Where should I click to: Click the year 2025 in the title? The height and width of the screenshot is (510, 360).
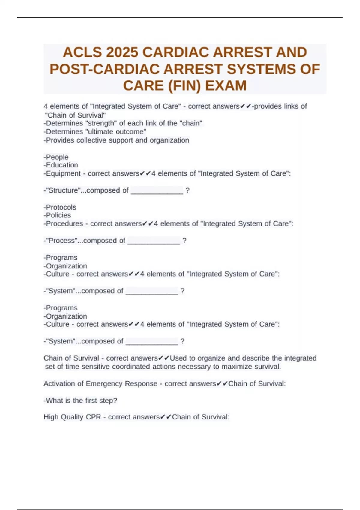(122, 52)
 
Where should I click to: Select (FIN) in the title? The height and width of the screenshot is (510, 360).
(184, 86)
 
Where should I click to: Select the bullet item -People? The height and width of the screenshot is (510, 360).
(56, 157)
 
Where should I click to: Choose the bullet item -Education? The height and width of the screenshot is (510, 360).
(61, 165)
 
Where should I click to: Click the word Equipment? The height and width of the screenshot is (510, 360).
(63, 173)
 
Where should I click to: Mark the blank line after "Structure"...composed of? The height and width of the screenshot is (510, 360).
(157, 191)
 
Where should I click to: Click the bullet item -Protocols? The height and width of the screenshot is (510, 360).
(60, 207)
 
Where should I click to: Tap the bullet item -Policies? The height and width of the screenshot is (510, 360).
(57, 215)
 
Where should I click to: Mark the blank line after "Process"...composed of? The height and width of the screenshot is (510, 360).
(154, 241)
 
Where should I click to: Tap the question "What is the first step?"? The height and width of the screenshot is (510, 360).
(80, 400)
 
